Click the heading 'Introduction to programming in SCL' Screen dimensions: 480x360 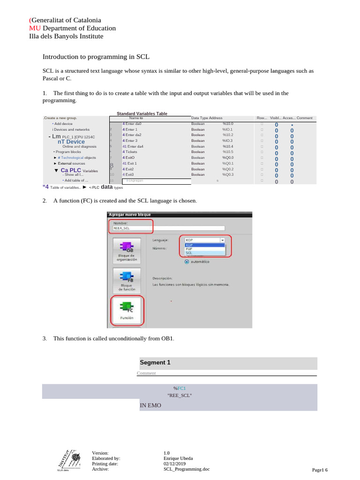(x=96, y=57)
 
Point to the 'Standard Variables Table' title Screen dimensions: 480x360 (x=142, y=113)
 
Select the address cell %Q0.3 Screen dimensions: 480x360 (x=228, y=174)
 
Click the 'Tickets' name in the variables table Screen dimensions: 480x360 (x=130, y=152)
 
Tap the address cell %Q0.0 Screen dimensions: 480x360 (x=228, y=157)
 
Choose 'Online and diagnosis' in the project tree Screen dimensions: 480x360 (x=79, y=146)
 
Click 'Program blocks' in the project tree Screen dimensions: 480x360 (x=67, y=152)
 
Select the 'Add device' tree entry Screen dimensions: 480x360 (x=62, y=124)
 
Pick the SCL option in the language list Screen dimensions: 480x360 (x=189, y=252)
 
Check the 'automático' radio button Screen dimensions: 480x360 (x=187, y=262)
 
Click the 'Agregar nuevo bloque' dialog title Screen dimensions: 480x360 (x=130, y=214)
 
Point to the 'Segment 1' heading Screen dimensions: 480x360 (x=155, y=362)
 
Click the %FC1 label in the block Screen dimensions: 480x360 (x=180, y=388)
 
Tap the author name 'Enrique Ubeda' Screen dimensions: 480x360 (x=178, y=458)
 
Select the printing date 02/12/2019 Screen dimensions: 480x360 (x=175, y=464)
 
